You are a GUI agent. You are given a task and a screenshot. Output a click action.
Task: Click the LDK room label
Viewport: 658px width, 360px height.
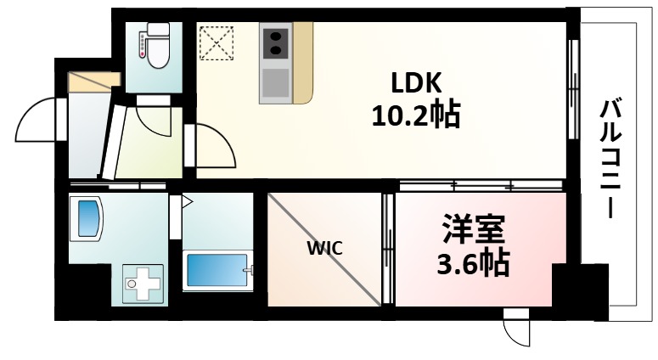point(416,82)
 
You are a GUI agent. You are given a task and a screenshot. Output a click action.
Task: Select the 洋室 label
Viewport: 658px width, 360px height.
point(472,230)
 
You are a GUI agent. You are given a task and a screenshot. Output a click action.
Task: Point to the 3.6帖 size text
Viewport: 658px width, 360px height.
point(472,262)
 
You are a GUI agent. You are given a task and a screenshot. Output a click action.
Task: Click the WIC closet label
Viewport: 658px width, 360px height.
point(324,249)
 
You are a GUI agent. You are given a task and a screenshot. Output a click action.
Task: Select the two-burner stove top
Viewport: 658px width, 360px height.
point(274,43)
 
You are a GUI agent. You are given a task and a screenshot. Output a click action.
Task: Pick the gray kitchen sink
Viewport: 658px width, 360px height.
point(274,83)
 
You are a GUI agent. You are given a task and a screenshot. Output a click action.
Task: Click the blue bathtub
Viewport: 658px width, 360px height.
point(217,271)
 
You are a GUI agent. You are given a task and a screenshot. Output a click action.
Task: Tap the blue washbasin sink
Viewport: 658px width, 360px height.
point(88,218)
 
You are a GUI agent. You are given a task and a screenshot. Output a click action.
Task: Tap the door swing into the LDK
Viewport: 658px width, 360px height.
point(215,146)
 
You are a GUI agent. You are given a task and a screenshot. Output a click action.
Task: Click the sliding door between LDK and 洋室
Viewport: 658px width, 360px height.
point(481,184)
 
